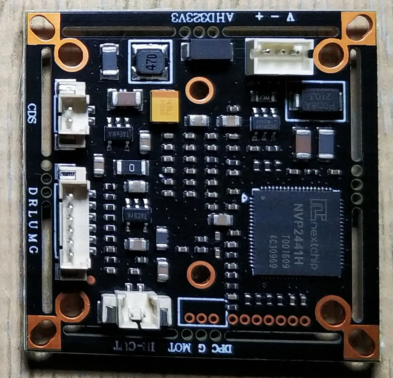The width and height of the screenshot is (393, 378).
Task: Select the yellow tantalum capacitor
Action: (x=164, y=107)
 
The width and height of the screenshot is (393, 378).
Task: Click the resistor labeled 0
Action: (x=131, y=168)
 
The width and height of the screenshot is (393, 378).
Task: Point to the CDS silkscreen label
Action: (x=32, y=114)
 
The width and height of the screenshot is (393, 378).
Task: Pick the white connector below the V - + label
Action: (x=279, y=56)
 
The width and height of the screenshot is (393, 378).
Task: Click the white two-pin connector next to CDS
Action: (x=73, y=112)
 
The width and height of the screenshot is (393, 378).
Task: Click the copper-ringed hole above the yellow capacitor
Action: (x=200, y=90)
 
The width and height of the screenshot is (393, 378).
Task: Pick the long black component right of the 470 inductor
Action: (x=207, y=50)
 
